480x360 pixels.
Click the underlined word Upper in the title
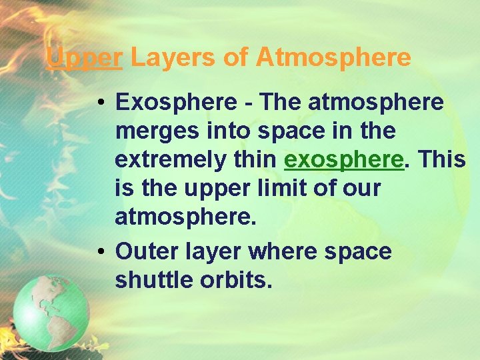pos(84,58)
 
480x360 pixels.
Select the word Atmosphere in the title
pos(333,58)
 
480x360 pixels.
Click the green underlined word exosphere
pos(344,160)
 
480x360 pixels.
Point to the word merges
pos(154,132)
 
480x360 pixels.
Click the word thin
pos(254,160)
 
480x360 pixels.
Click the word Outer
pos(144,251)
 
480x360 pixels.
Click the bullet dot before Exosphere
pos(98,103)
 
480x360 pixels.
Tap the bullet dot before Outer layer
pos(98,252)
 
